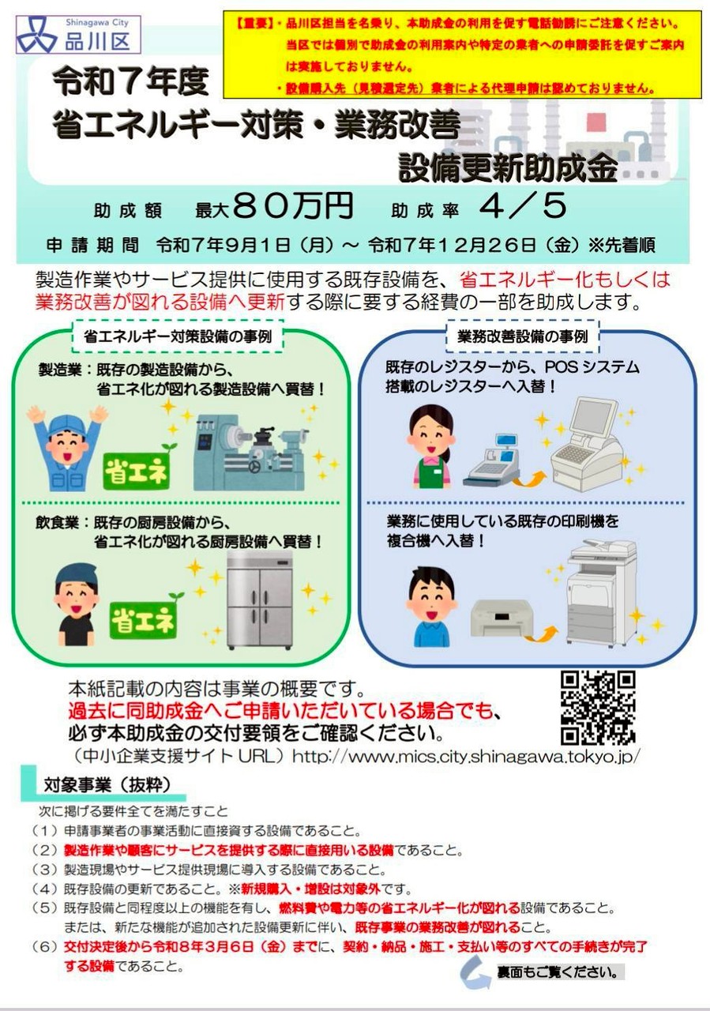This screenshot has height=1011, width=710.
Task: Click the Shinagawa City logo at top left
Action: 78,35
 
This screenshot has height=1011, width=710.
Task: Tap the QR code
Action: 598,707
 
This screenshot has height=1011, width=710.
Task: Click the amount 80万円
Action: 293,207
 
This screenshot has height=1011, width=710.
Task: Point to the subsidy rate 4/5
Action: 523,207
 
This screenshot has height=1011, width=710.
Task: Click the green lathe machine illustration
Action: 250,455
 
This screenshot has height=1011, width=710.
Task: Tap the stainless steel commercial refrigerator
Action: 260,599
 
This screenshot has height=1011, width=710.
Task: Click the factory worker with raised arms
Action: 67,448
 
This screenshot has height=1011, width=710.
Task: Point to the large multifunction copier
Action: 602,592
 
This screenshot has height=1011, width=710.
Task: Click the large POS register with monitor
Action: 587,445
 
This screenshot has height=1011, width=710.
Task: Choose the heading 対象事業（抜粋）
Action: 107,785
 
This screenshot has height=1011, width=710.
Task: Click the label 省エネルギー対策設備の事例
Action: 178,336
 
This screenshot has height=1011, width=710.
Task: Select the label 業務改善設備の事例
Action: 523,336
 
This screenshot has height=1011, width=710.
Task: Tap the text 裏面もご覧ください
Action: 558,972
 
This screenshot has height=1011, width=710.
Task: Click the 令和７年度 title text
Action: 131,82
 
